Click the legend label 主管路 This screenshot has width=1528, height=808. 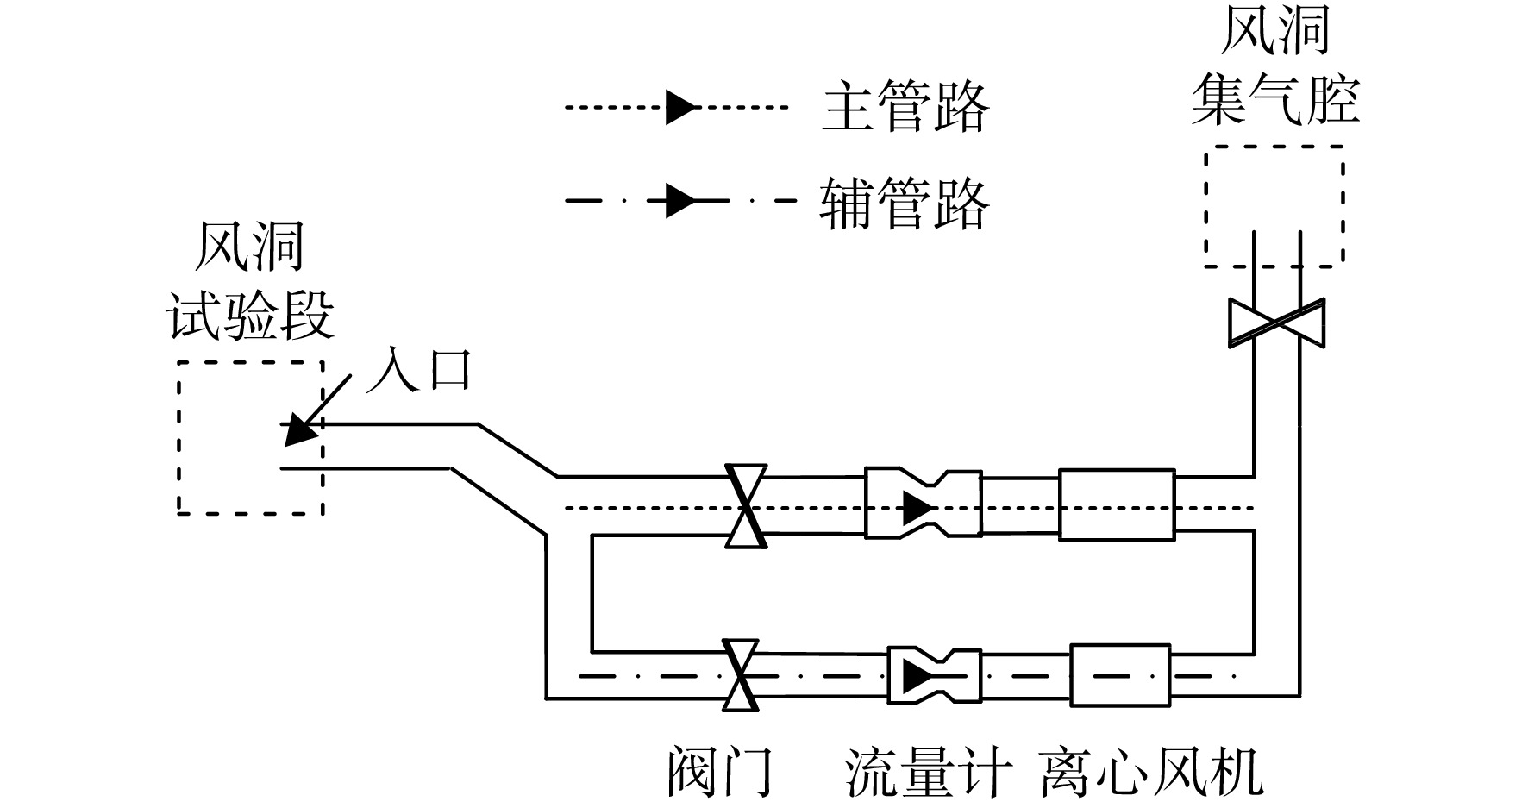(904, 108)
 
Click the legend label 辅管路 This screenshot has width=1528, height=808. (904, 204)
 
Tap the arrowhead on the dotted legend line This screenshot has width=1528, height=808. (680, 108)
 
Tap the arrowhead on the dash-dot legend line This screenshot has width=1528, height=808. (680, 202)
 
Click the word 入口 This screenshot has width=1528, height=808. (420, 369)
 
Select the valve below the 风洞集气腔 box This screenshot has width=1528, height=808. (1276, 323)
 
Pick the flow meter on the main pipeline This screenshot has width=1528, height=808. (923, 504)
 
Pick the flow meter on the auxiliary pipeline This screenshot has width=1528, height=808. (934, 675)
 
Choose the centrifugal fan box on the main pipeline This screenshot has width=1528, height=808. (1117, 504)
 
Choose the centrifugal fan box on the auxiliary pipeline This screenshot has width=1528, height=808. (1120, 675)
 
